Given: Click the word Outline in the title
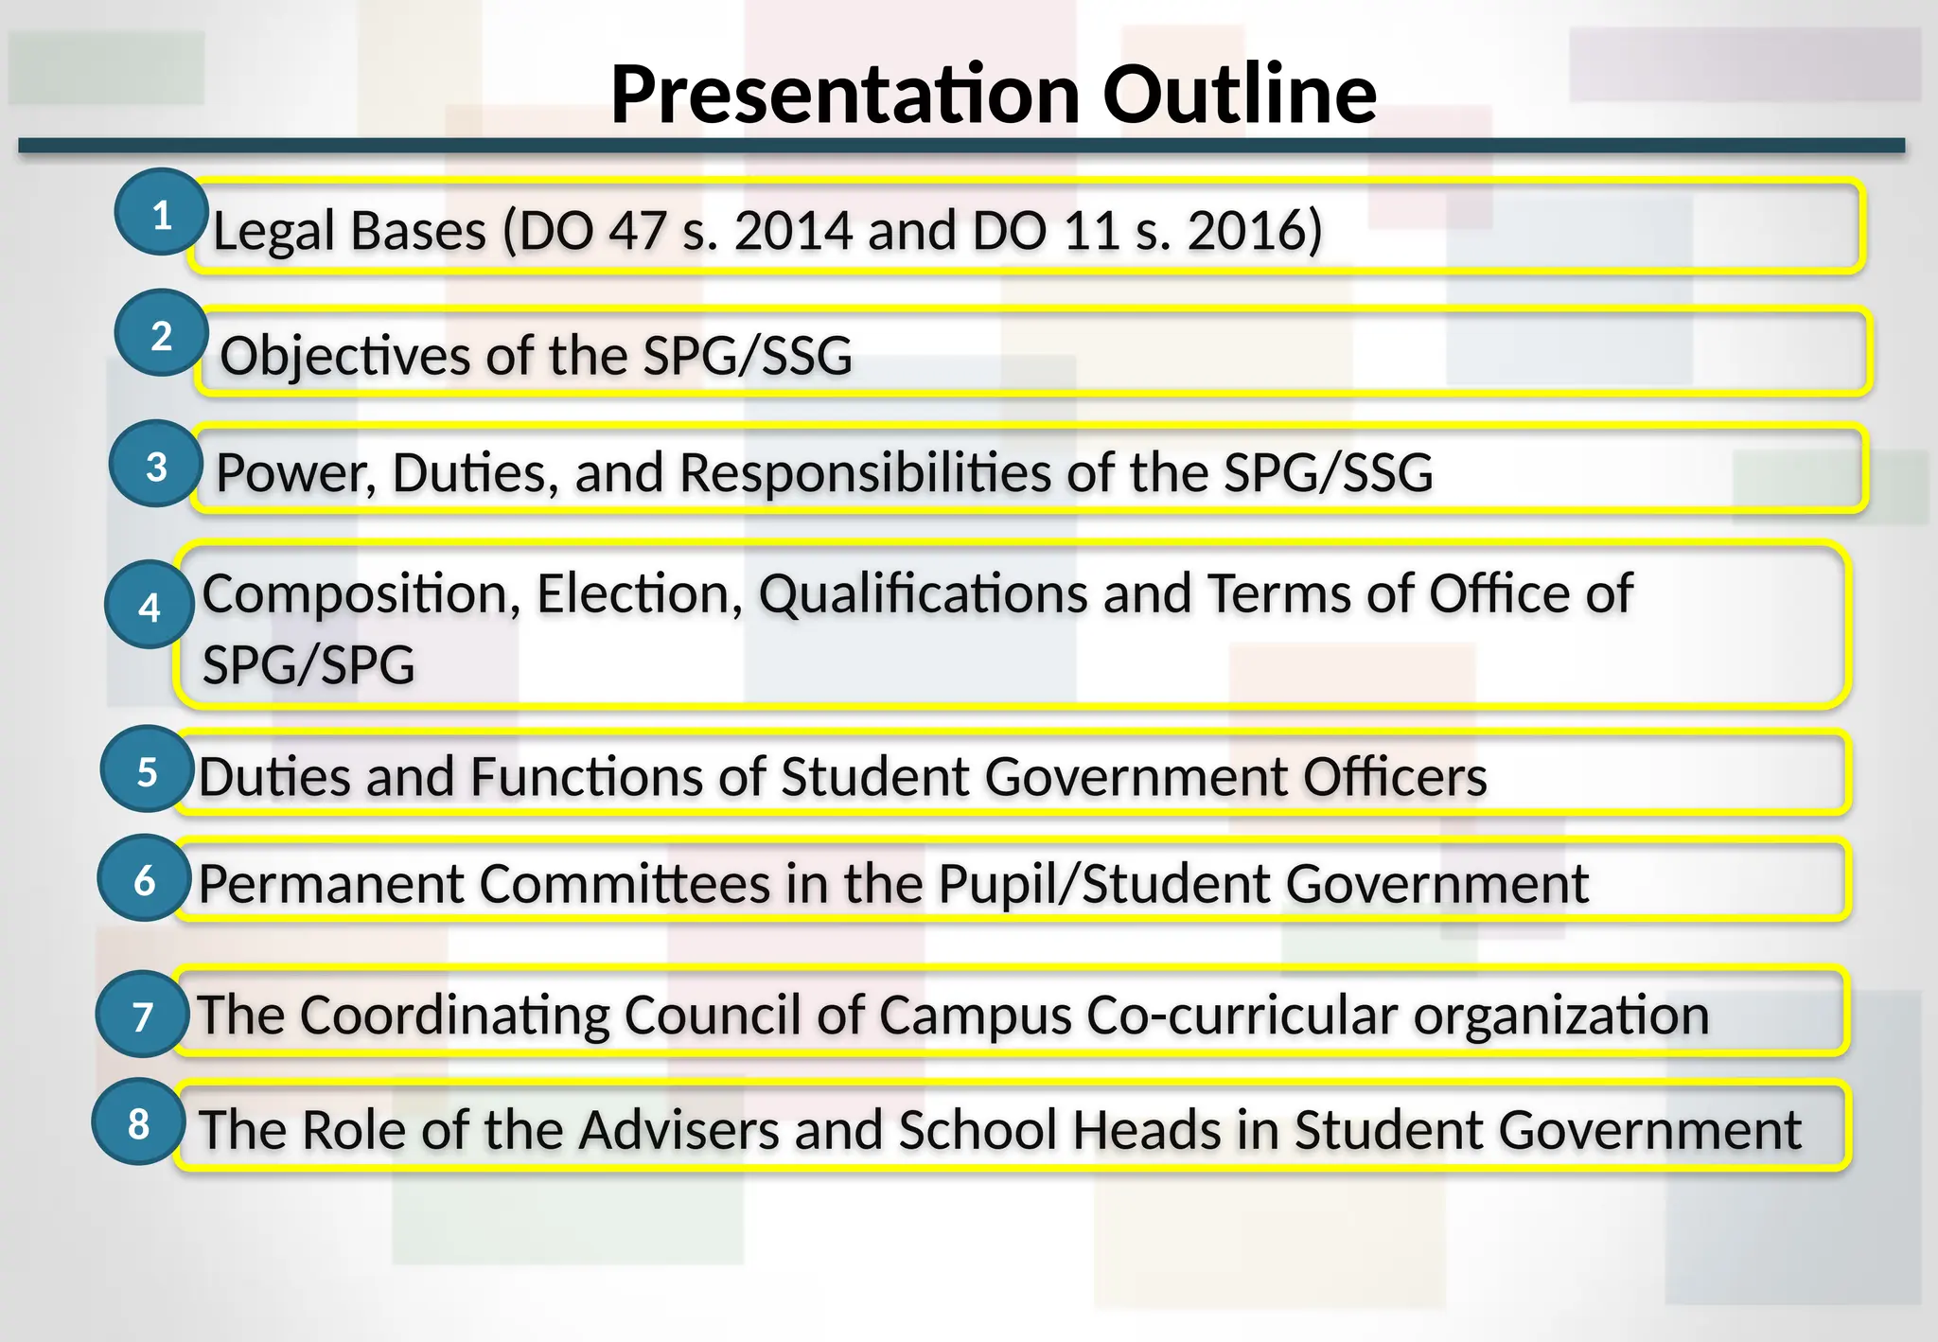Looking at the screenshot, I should (1239, 95).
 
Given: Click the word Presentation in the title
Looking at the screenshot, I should (845, 95).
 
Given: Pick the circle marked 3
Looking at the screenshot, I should (156, 465).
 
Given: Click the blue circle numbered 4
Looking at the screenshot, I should (150, 606).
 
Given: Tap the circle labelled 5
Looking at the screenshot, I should (147, 770).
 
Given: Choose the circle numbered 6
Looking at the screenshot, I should (145, 879).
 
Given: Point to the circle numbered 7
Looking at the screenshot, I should (143, 1015).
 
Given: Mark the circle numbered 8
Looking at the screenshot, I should (138, 1122).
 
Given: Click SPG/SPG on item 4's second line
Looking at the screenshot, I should (308, 664).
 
